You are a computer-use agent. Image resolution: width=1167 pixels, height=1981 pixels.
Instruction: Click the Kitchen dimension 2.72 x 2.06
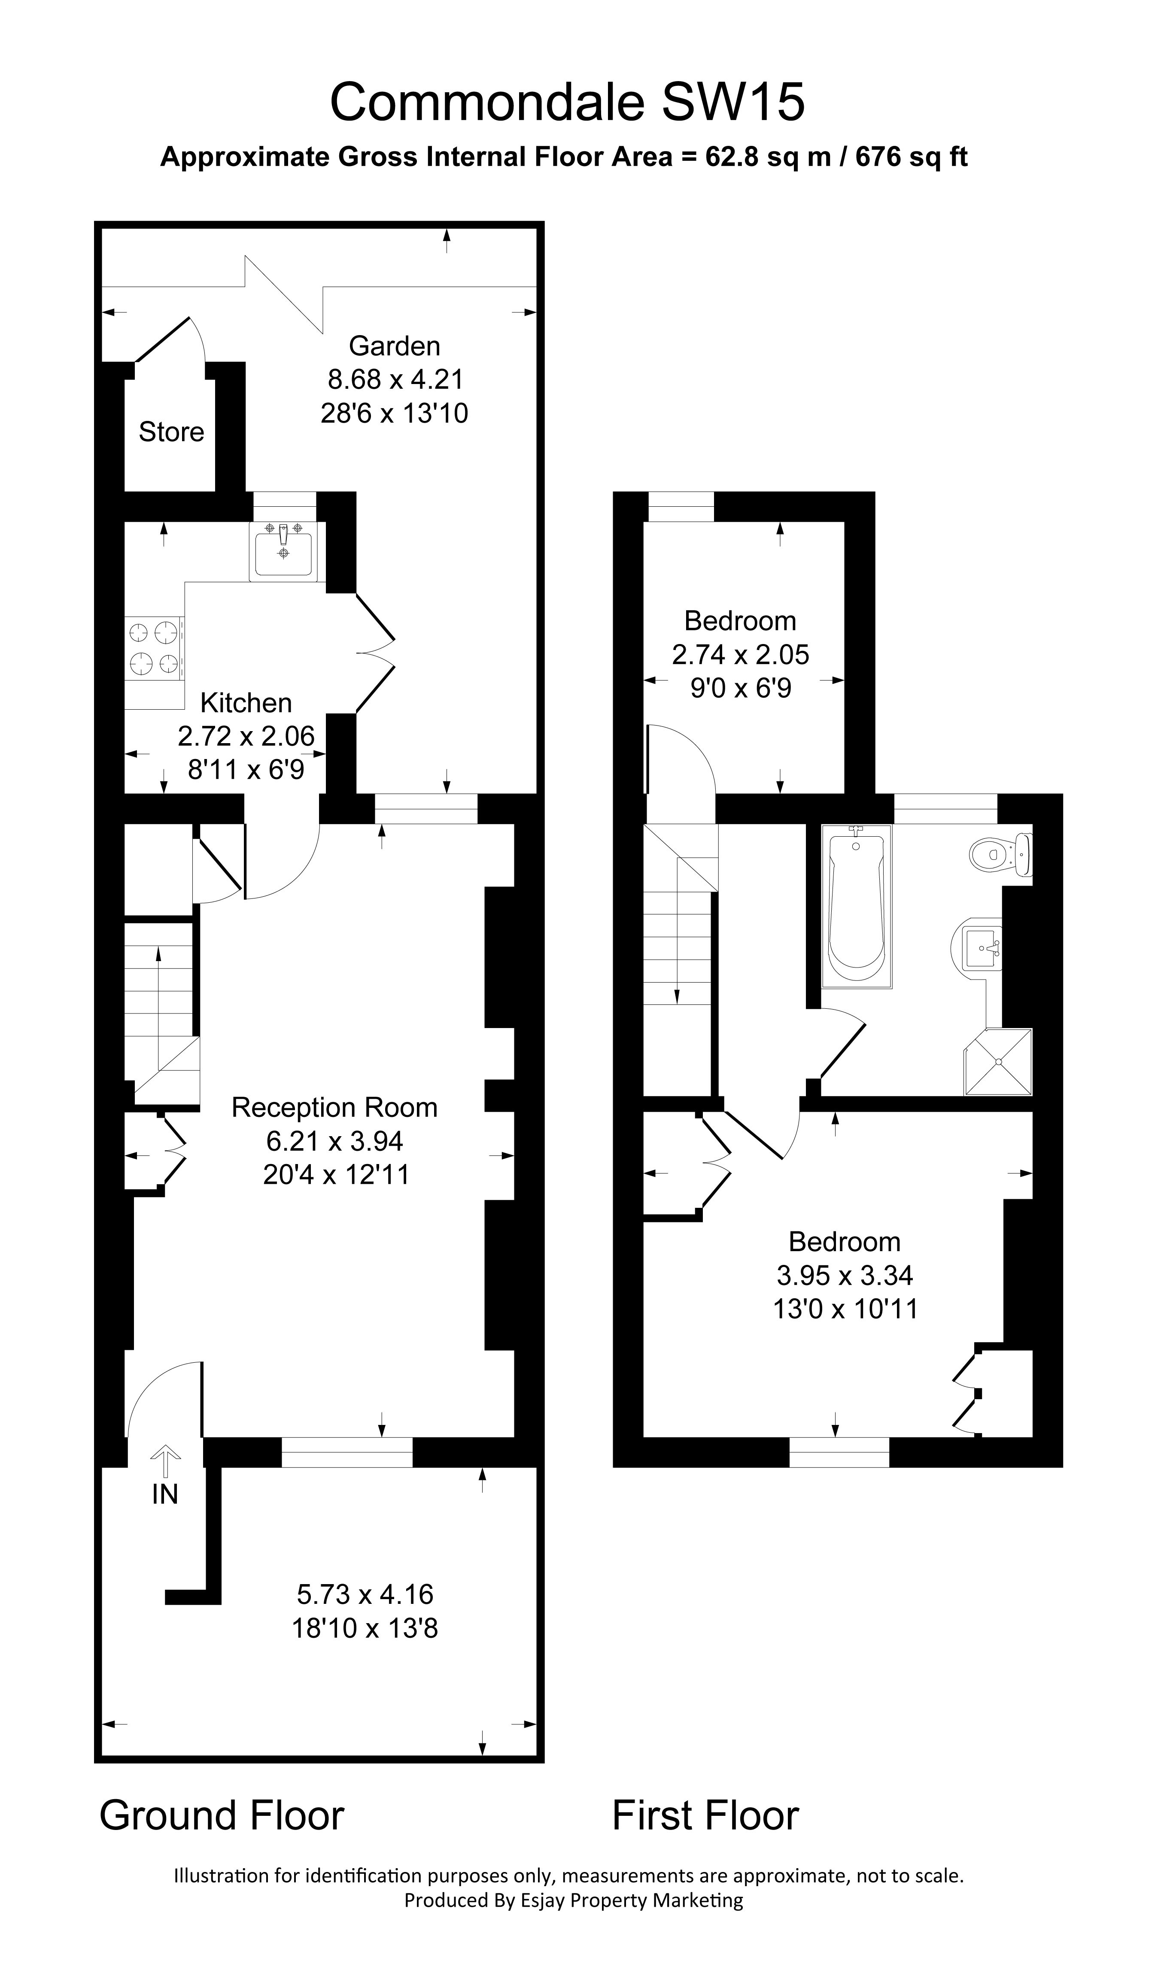coord(246,736)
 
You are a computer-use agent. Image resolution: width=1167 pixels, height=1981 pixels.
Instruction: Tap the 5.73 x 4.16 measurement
coord(365,1594)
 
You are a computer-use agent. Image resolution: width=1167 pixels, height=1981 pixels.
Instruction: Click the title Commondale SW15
coord(567,102)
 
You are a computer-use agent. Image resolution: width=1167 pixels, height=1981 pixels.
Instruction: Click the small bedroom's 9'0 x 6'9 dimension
coord(741,689)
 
